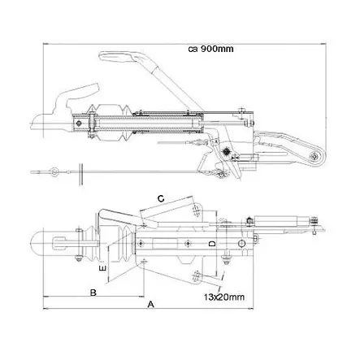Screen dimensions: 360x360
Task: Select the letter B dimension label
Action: click(94, 291)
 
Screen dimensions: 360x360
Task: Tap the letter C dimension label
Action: click(160, 197)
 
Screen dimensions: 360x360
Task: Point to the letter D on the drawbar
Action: click(210, 242)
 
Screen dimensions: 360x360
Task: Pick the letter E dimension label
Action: click(102, 266)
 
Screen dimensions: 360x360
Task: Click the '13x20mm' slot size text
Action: click(224, 298)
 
